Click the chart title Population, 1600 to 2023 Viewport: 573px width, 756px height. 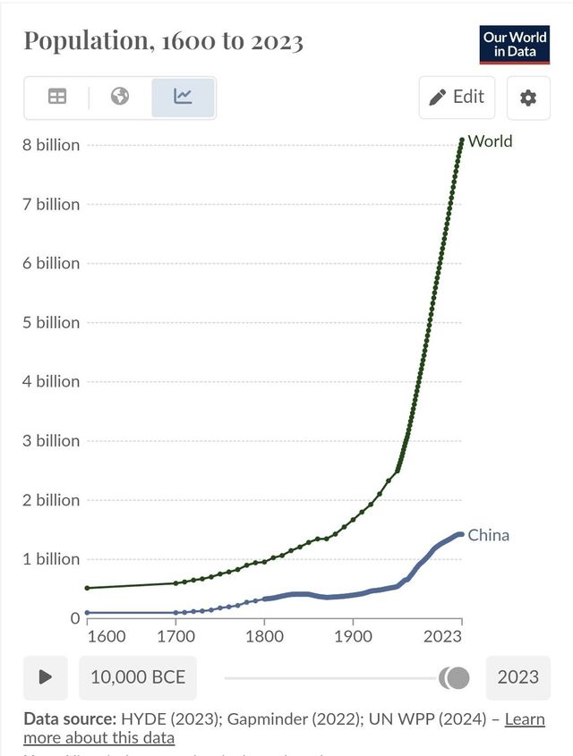[163, 41]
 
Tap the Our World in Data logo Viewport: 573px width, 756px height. [515, 44]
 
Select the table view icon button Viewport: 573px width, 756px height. [57, 98]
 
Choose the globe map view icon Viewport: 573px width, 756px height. [120, 97]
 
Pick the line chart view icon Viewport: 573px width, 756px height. [184, 97]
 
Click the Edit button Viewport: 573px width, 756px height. [457, 98]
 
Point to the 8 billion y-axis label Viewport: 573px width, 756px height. [51, 145]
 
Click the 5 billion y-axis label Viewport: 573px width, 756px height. [51, 322]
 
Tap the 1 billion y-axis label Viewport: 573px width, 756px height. [51, 559]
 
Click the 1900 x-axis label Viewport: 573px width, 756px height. [353, 636]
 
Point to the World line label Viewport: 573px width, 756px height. [490, 141]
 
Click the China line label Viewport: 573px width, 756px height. [488, 535]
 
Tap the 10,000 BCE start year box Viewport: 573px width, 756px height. [138, 677]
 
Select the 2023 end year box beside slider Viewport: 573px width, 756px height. [517, 677]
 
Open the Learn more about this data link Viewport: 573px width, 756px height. [525, 719]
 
